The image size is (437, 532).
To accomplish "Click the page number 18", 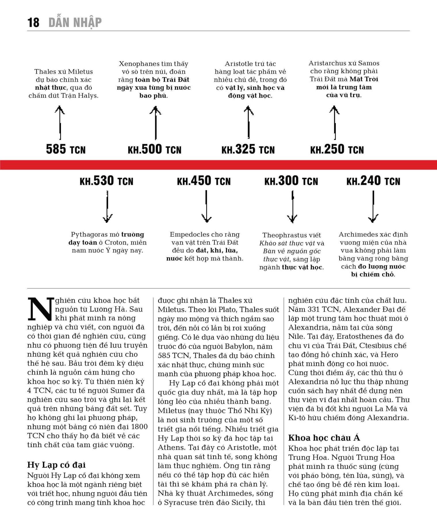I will point(33,22).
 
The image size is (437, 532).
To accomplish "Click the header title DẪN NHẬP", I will point(75,22).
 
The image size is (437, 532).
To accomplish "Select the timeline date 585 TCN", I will point(66,149).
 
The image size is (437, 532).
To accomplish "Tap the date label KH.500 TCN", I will point(155,149).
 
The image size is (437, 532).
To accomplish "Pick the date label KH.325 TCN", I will point(248,149).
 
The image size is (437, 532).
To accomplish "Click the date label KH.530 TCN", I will point(106,181).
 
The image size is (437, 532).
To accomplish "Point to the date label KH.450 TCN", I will point(204,181).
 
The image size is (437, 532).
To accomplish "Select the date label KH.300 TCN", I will point(291,181).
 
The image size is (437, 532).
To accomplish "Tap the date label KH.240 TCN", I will point(373,181).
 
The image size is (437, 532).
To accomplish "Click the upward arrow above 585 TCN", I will point(60,122).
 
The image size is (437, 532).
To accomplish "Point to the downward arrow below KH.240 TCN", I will point(373,207).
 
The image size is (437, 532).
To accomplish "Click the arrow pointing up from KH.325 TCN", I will point(248,122).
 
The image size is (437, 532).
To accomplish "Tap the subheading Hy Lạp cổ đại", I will point(56,465).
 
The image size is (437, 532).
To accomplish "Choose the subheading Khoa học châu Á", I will point(324,438).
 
